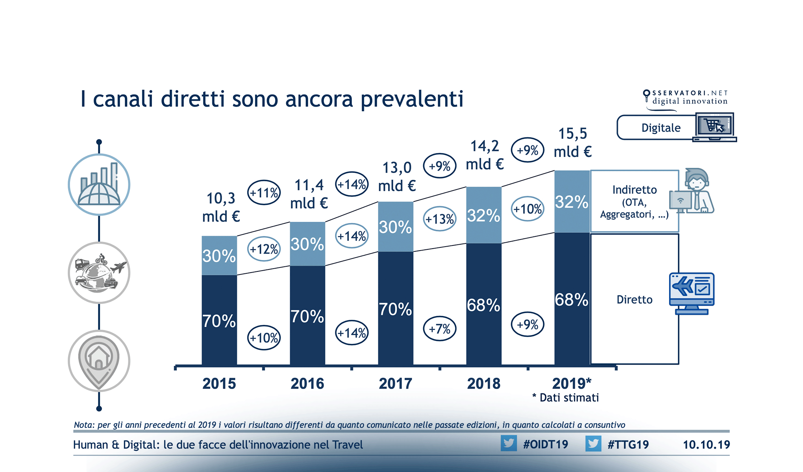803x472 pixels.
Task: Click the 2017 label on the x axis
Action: tap(395, 383)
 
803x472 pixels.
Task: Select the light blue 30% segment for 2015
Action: tap(219, 256)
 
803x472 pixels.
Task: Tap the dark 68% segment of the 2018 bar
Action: tap(484, 305)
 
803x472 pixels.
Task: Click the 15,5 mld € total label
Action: tap(573, 142)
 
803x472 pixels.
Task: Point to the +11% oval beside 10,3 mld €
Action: tap(264, 193)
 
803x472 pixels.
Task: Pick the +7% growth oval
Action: tap(440, 328)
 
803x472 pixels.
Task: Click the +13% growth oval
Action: tap(440, 219)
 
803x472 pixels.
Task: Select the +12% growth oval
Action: tap(264, 249)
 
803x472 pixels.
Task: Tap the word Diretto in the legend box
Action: tap(634, 300)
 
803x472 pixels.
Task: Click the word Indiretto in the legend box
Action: tap(634, 190)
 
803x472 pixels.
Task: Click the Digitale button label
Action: tap(661, 128)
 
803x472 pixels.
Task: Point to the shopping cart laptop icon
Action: tap(714, 127)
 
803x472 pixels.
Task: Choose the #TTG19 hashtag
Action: tap(628, 444)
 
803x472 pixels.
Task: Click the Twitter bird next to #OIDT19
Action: tap(509, 443)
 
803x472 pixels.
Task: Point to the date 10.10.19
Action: tap(706, 445)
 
